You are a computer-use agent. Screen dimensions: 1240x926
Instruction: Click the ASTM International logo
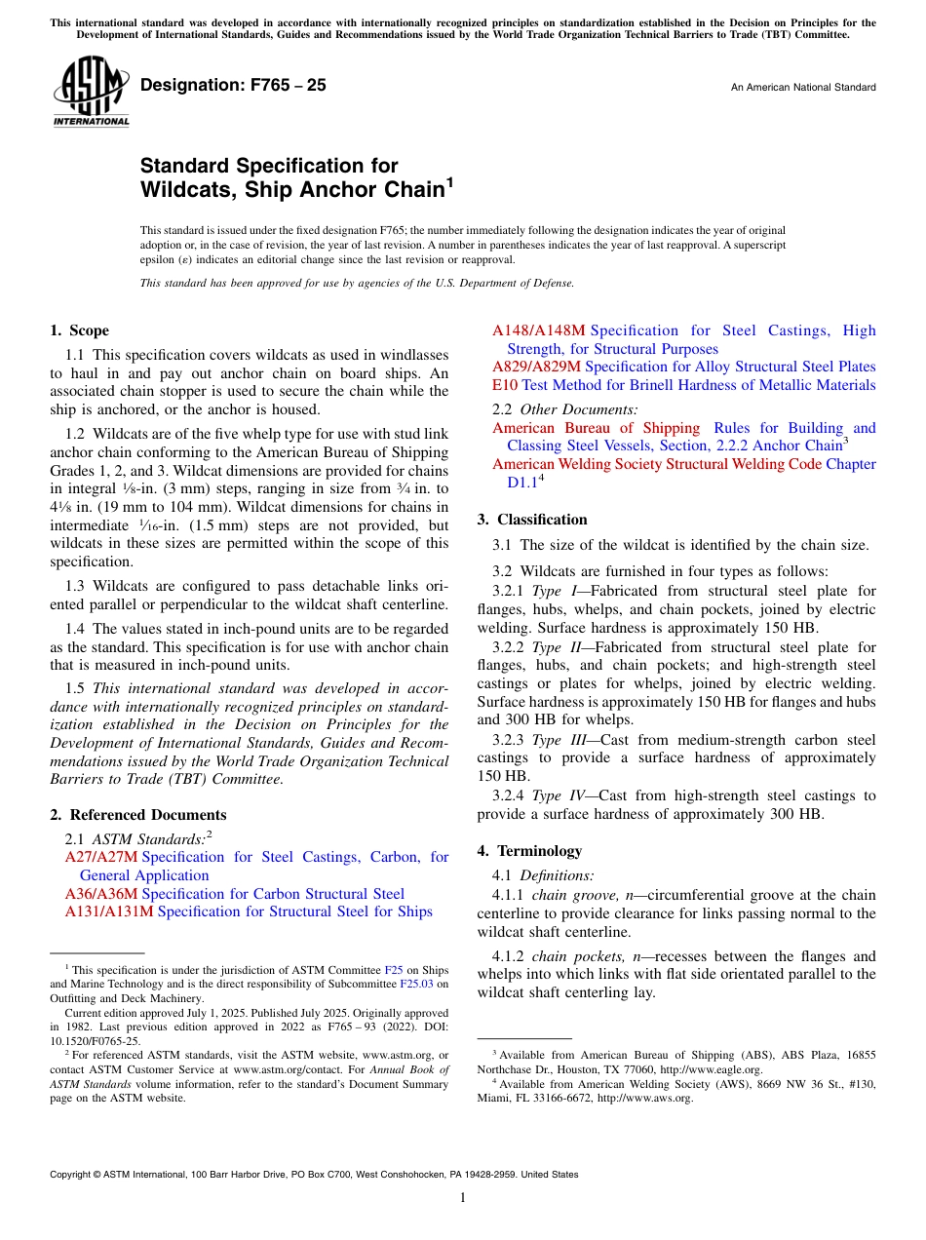click(x=91, y=93)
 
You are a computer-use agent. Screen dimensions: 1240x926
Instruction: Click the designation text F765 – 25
click(x=233, y=86)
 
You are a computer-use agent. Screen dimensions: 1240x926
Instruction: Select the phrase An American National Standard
click(x=802, y=88)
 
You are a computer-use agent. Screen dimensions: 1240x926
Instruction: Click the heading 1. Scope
click(x=80, y=330)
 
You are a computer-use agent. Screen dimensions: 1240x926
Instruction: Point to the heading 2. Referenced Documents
click(x=138, y=815)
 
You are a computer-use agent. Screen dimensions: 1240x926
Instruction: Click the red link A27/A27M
click(x=101, y=857)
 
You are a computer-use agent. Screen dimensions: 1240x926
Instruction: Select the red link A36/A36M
click(x=101, y=894)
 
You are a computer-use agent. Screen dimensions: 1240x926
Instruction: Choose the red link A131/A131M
click(x=109, y=912)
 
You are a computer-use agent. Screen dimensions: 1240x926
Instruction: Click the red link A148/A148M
click(x=539, y=330)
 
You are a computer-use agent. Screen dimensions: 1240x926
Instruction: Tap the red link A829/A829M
click(x=536, y=368)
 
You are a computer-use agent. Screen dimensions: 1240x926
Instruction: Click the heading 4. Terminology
click(x=529, y=851)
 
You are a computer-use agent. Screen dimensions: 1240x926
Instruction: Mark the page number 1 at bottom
click(x=463, y=1197)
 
